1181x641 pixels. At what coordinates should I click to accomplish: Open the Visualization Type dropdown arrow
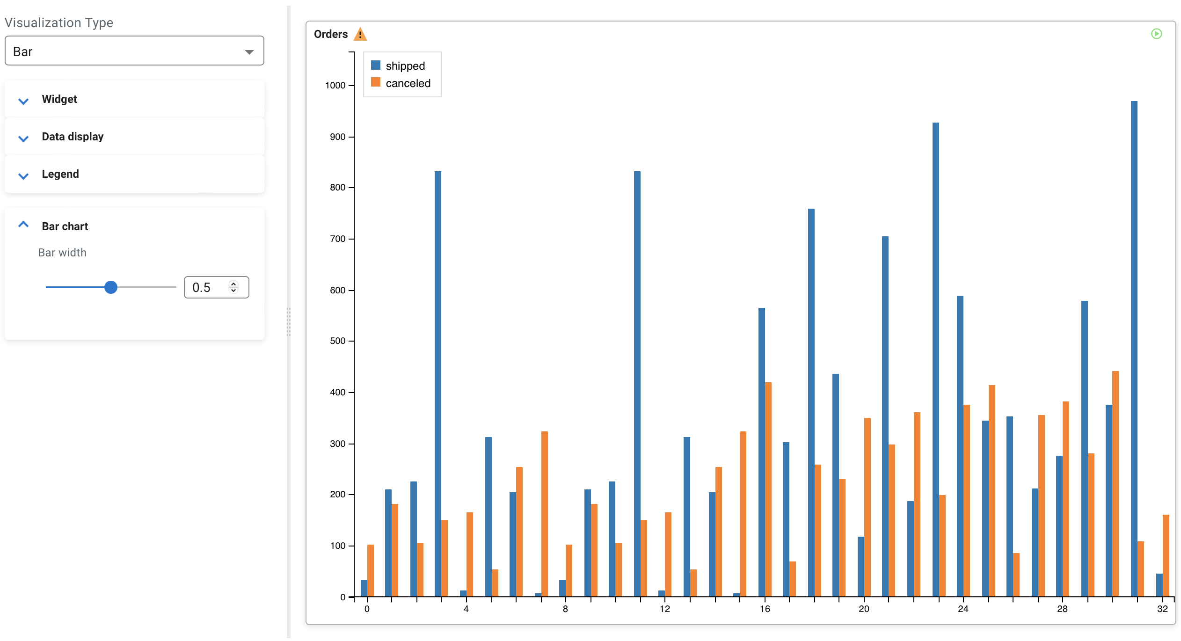[x=249, y=51]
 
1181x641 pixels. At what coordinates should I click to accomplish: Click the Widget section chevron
[x=23, y=101]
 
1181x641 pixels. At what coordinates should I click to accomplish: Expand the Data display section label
[x=73, y=137]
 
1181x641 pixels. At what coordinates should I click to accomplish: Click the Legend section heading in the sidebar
[x=60, y=174]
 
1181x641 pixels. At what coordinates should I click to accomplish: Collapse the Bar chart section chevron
[x=23, y=225]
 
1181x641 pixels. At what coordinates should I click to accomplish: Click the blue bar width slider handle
[x=111, y=287]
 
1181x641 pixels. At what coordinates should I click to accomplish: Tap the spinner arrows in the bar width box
[x=233, y=287]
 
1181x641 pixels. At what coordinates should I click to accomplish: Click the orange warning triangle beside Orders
[x=360, y=34]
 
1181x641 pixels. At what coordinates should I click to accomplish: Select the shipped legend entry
[x=405, y=66]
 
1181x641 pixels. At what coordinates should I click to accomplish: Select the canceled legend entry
[x=408, y=83]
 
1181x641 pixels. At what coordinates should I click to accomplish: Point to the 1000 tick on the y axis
[x=335, y=86]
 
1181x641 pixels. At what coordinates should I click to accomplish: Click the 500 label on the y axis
[x=337, y=341]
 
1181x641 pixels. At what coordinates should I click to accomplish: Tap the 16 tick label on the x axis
[x=765, y=609]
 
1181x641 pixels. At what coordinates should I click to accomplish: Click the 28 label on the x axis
[x=1062, y=609]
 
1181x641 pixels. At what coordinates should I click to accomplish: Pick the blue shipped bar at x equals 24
[x=960, y=444]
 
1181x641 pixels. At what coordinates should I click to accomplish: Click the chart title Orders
[x=331, y=34]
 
